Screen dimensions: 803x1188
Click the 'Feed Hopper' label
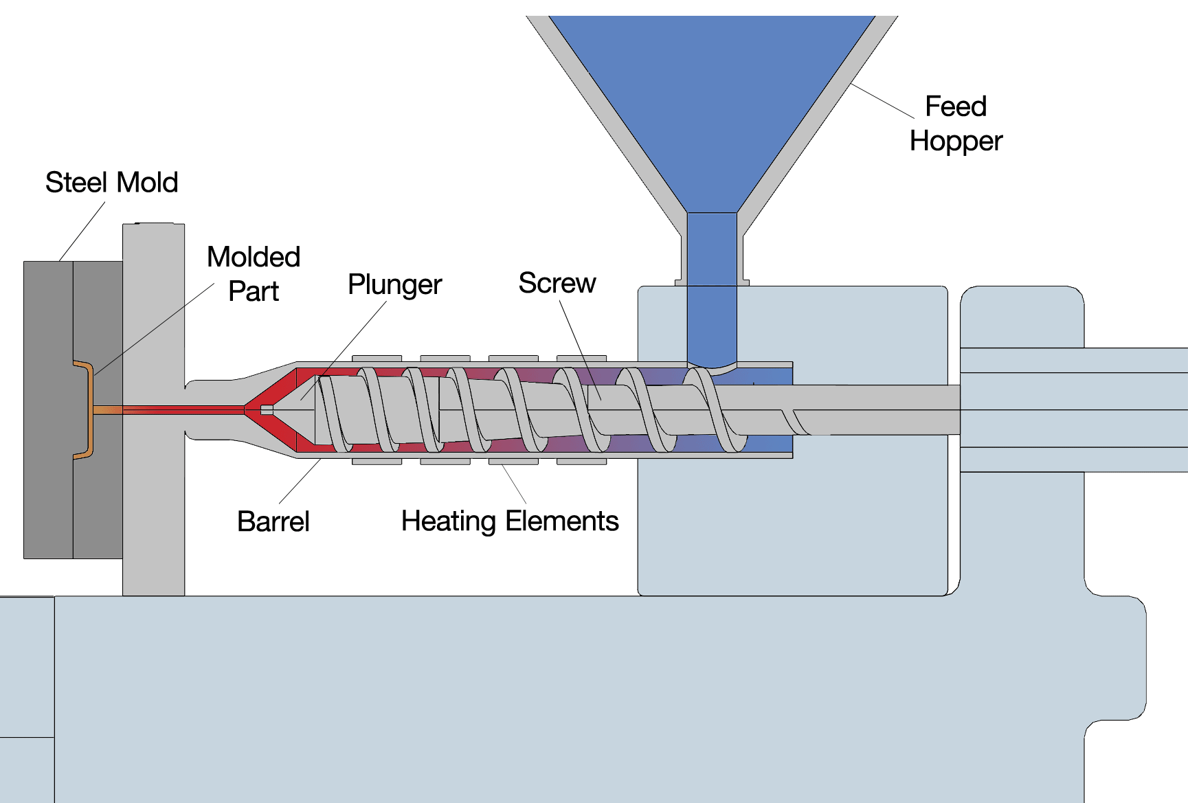(956, 124)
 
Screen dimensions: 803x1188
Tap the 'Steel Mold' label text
(111, 183)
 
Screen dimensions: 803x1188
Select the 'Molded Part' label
(254, 274)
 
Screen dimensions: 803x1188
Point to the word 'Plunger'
(394, 284)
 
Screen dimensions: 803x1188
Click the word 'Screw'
(557, 283)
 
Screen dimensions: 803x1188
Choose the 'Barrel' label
(273, 521)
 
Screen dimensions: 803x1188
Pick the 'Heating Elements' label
(510, 521)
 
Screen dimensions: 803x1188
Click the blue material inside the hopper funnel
(712, 103)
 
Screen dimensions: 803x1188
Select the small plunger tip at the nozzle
(267, 410)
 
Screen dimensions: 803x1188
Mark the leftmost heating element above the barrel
(377, 359)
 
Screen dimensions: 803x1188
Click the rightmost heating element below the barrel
(581, 462)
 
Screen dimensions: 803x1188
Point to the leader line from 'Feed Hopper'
(883, 101)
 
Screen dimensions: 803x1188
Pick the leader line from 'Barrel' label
(300, 481)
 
